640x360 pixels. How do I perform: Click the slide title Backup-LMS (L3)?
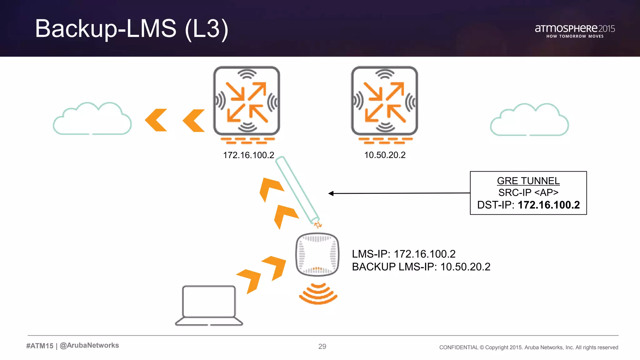click(x=132, y=29)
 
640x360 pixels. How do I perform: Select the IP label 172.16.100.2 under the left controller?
click(x=248, y=155)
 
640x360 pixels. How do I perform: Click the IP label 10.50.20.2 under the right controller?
click(x=385, y=155)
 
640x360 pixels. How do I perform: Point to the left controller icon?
click(x=247, y=101)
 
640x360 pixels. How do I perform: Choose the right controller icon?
click(x=384, y=101)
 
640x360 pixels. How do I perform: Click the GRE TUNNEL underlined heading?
click(x=528, y=181)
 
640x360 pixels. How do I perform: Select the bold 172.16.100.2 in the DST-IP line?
click(x=549, y=205)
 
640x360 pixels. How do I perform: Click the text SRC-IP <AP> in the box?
click(x=528, y=192)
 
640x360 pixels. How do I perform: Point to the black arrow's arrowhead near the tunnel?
click(x=331, y=193)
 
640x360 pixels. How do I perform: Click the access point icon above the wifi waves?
click(x=317, y=254)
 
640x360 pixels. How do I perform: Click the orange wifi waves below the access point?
click(x=318, y=294)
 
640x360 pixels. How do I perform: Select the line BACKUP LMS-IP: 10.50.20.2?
click(x=421, y=267)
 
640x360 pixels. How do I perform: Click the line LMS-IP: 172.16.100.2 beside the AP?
click(x=403, y=254)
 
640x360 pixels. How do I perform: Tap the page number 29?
click(x=322, y=346)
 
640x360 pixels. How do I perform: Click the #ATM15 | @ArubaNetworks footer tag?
click(x=72, y=346)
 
